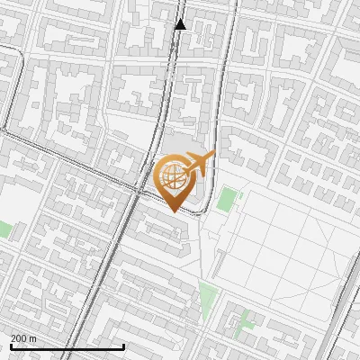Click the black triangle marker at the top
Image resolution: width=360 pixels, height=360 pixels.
tap(180, 24)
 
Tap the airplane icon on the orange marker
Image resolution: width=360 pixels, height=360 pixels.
tap(198, 164)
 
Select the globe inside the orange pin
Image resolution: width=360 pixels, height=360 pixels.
tap(172, 177)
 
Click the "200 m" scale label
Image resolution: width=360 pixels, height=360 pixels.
tap(23, 337)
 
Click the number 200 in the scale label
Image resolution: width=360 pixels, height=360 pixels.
tap(19, 337)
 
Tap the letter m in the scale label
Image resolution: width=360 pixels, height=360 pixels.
tap(33, 337)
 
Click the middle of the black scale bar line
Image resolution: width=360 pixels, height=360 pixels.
tap(67, 346)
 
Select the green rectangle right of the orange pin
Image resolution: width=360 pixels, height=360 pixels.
tap(225, 200)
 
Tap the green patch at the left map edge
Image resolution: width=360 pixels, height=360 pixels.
tap(4, 229)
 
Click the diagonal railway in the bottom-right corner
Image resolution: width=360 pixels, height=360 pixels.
tap(342, 315)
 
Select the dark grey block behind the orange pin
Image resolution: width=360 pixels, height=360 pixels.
tap(179, 144)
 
